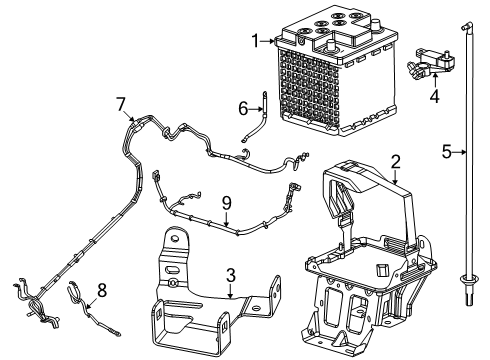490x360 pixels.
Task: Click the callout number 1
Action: tap(255, 41)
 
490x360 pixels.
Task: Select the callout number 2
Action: tap(395, 160)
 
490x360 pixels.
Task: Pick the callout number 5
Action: tap(447, 151)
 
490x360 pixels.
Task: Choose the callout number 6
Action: tap(241, 108)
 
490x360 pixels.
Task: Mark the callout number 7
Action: tap(120, 103)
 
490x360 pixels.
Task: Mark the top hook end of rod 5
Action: tap(467, 22)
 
